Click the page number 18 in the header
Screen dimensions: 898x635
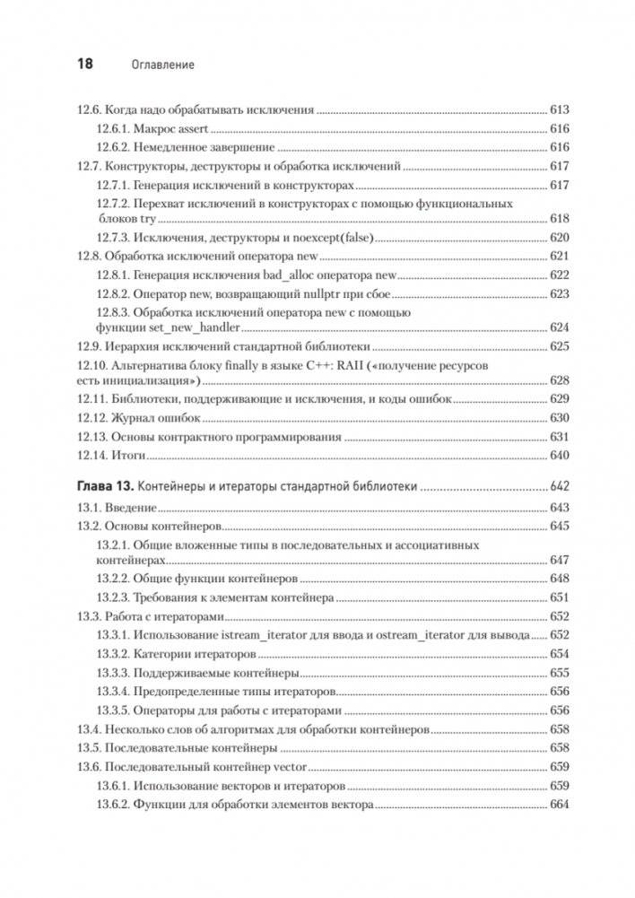click(x=81, y=65)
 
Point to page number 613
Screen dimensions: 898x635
click(x=560, y=110)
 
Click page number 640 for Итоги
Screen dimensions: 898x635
click(x=560, y=455)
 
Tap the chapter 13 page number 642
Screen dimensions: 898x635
click(x=560, y=486)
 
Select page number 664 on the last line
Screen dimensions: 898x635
click(x=560, y=805)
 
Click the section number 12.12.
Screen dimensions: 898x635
click(x=88, y=418)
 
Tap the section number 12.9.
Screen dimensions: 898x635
click(x=84, y=346)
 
